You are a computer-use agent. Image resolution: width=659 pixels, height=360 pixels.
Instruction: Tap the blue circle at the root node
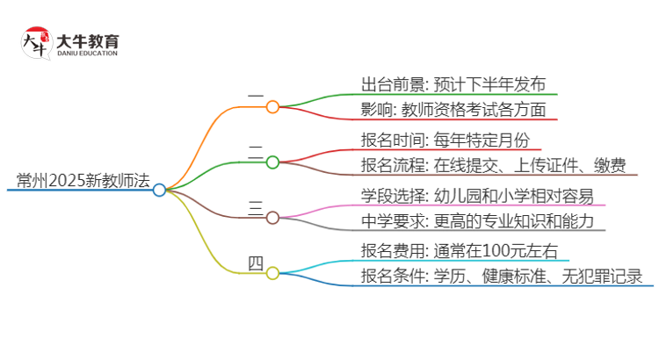159,190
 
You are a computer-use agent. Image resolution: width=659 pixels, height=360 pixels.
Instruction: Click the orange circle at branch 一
272,107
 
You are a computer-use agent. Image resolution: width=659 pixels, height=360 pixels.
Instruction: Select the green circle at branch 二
272,162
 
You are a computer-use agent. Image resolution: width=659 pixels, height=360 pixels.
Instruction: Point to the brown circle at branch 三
272,217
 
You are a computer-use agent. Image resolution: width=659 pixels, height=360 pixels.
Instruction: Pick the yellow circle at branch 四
272,273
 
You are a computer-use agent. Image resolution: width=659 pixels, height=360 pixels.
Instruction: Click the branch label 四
256,263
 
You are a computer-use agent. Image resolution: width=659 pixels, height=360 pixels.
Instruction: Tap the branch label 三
256,207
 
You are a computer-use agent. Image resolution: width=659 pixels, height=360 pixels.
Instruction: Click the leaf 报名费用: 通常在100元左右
460,250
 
